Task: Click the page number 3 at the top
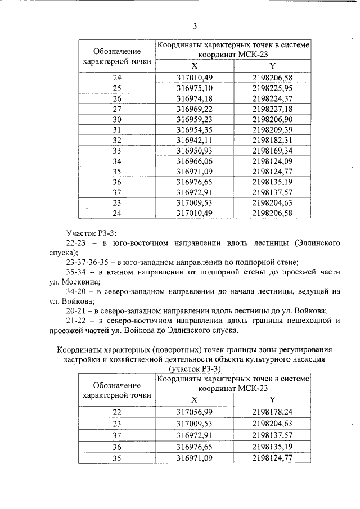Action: [x=195, y=26]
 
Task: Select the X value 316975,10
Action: [x=195, y=88]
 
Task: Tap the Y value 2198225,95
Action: [x=272, y=88]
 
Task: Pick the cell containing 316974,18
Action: [x=195, y=98]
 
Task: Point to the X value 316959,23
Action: [x=195, y=119]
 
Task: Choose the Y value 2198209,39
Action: [x=272, y=129]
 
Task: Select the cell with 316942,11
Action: [x=195, y=140]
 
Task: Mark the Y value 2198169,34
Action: [x=272, y=150]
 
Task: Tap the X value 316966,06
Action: [x=195, y=161]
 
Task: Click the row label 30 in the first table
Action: [x=117, y=119]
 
